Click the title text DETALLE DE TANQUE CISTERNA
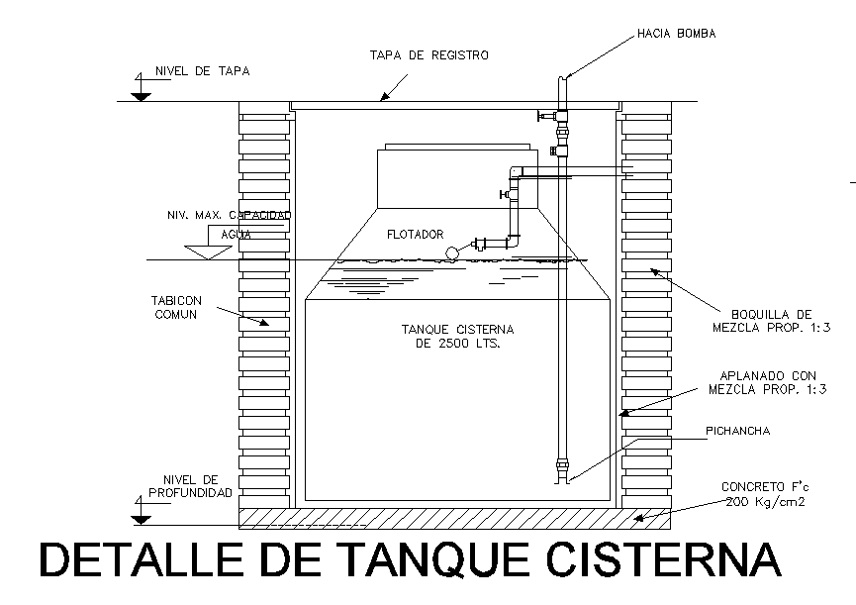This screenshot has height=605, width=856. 410,560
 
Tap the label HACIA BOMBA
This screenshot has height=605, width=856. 676,34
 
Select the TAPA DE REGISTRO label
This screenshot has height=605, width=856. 428,55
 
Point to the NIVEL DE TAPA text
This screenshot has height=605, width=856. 202,71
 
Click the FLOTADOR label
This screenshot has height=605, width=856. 415,235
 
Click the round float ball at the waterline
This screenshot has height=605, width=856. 453,252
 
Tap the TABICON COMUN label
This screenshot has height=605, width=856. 175,307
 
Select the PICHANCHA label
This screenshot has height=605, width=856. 737,431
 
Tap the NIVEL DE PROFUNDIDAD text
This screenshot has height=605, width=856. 190,485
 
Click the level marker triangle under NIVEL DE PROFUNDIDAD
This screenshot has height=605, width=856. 141,516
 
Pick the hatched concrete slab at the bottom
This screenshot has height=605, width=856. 455,516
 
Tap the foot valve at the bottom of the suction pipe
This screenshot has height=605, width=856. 563,469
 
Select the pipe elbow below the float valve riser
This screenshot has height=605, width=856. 513,241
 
